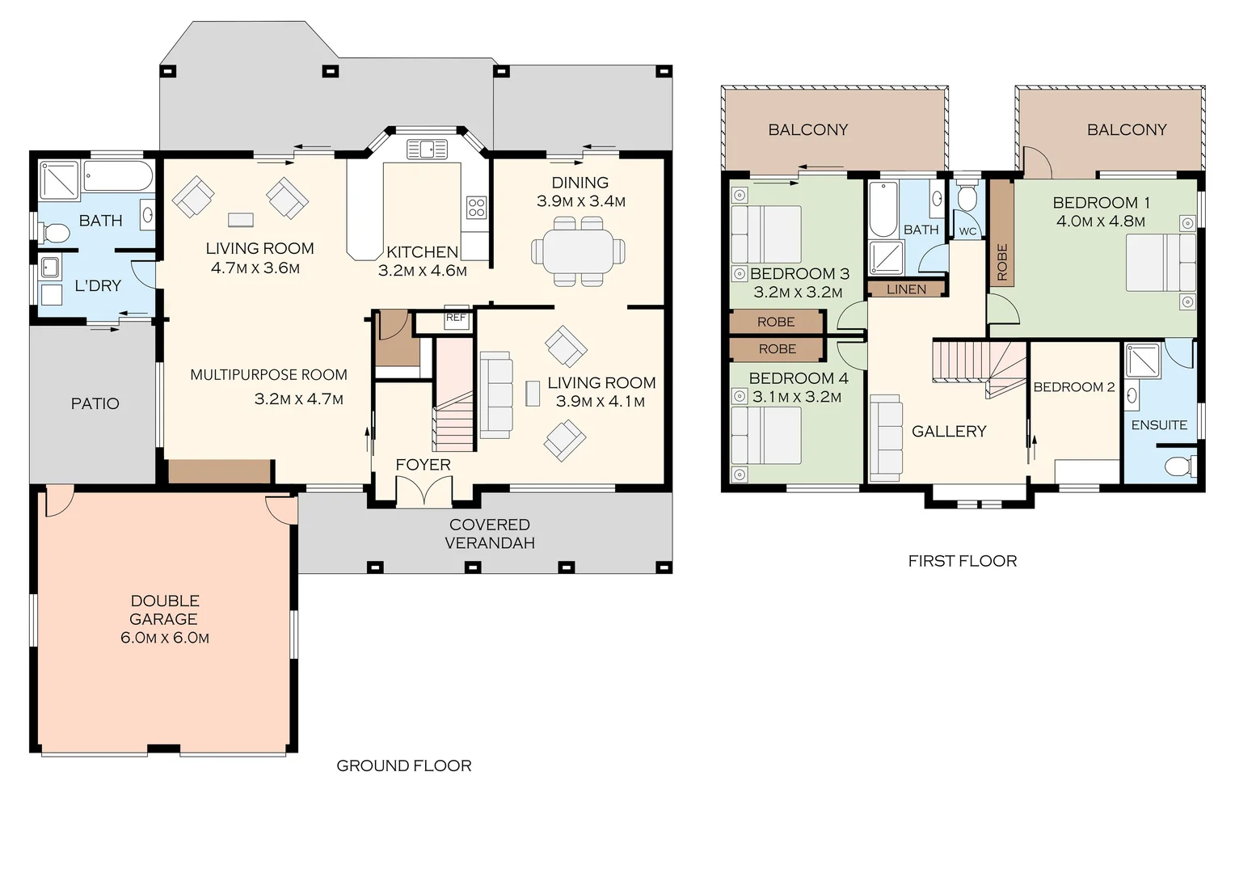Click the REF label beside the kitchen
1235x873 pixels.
tap(456, 318)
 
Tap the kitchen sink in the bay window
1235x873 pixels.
tap(426, 149)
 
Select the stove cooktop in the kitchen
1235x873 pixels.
tap(476, 208)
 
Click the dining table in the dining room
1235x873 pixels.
tap(579, 251)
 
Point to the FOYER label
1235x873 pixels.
tap(423, 465)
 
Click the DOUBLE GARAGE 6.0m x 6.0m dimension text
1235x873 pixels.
tap(165, 638)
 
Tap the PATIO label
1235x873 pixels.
tap(95, 403)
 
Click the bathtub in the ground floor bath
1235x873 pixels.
tap(118, 176)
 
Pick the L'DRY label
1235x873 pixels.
tap(98, 285)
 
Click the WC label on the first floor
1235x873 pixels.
tap(967, 232)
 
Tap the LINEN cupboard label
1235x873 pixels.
tap(906, 289)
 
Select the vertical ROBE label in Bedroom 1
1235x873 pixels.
tap(1001, 262)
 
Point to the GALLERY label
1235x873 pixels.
tap(949, 432)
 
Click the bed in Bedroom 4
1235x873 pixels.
tap(765, 435)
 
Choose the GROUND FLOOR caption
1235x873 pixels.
tap(403, 765)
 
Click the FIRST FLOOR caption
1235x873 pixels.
tap(962, 561)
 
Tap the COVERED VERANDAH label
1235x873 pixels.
tap(490, 533)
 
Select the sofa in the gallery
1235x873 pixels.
tap(886, 438)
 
